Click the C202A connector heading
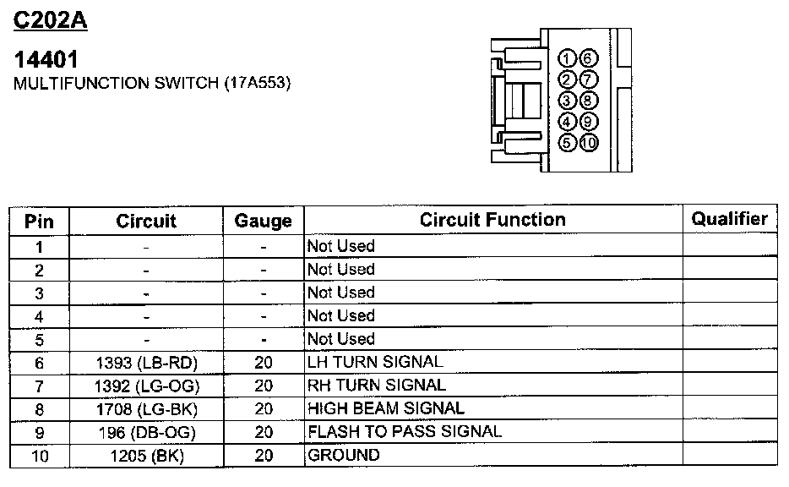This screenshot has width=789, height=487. (51, 20)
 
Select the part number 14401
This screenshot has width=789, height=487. (46, 60)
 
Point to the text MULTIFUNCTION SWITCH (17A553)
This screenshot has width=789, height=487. (153, 85)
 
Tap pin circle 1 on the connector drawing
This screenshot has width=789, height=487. (569, 58)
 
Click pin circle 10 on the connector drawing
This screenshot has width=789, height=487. (589, 143)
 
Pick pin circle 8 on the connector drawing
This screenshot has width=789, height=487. (589, 101)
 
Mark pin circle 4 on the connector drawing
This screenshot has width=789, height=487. (569, 122)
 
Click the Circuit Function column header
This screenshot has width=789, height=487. (492, 220)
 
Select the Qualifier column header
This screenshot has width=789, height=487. (729, 219)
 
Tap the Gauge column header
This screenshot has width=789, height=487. (263, 222)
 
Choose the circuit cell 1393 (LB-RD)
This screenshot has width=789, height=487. (146, 362)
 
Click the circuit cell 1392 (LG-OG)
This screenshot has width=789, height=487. (146, 386)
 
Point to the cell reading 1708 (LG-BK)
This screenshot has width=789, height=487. (146, 408)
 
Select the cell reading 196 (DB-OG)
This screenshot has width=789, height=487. (146, 432)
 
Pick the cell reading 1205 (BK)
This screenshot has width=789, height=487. (146, 456)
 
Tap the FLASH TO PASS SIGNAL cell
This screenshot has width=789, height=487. (405, 431)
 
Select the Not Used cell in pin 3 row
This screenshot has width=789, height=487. (340, 293)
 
